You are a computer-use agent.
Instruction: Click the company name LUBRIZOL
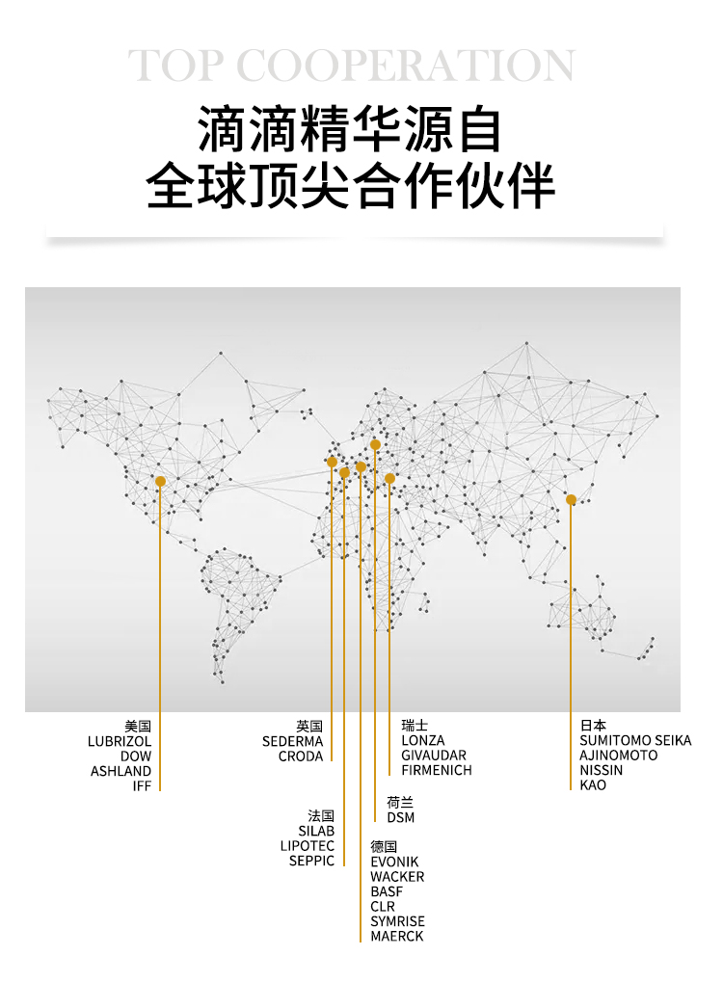click(x=120, y=741)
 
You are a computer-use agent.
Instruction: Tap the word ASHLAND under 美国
click(x=121, y=771)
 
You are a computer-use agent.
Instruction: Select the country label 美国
click(x=138, y=726)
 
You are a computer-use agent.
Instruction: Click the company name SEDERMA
click(x=292, y=741)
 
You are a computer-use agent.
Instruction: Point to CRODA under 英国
click(x=301, y=756)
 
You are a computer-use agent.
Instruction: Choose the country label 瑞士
click(x=415, y=725)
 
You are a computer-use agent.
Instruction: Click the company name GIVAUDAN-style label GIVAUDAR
click(x=434, y=756)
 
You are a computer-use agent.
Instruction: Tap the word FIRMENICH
click(x=437, y=770)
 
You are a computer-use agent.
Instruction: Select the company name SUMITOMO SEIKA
click(x=635, y=740)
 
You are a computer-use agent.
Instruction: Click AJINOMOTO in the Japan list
click(x=619, y=756)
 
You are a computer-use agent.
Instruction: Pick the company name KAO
click(x=593, y=785)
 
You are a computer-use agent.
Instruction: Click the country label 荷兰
click(x=400, y=802)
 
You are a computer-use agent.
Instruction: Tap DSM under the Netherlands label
click(x=401, y=817)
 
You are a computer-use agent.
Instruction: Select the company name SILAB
click(x=316, y=831)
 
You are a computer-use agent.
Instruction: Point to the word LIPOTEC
click(x=308, y=845)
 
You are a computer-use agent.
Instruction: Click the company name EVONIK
click(x=395, y=862)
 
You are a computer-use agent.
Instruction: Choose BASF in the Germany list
click(x=387, y=891)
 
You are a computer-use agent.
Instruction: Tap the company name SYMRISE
click(x=397, y=921)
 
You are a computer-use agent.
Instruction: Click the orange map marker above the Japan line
click(x=571, y=499)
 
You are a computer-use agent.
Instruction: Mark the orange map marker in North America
click(x=160, y=481)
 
